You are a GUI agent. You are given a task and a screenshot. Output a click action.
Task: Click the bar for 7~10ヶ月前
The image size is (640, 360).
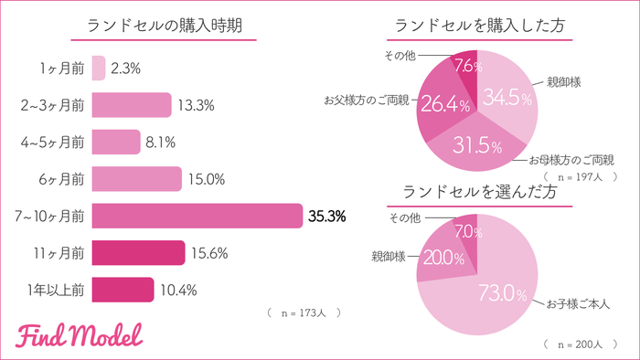click(197, 216)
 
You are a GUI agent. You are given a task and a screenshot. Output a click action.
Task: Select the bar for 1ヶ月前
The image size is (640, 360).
click(99, 68)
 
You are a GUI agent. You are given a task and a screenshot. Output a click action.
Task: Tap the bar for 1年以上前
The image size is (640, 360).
click(123, 290)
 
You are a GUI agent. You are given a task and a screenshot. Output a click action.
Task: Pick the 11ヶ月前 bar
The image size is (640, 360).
click(138, 253)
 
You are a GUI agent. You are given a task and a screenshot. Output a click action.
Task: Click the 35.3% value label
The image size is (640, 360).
click(327, 217)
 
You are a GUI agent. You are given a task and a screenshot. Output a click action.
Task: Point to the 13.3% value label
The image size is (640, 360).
click(196, 105)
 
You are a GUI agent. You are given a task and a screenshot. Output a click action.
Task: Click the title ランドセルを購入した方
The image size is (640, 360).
click(477, 26)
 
